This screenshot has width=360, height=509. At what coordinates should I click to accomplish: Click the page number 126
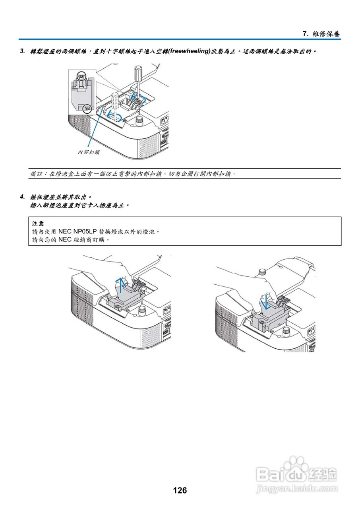coord(180,490)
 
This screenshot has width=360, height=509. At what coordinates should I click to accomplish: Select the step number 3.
coord(22,51)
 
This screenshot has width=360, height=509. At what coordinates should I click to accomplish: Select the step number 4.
coord(22,196)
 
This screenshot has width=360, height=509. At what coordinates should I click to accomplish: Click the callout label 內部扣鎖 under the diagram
coord(89,152)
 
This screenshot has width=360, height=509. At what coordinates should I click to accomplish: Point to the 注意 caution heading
coord(38,223)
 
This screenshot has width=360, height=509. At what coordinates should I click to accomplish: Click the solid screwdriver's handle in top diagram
coord(138,73)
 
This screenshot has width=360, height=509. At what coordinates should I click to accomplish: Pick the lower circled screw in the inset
coord(88,108)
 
